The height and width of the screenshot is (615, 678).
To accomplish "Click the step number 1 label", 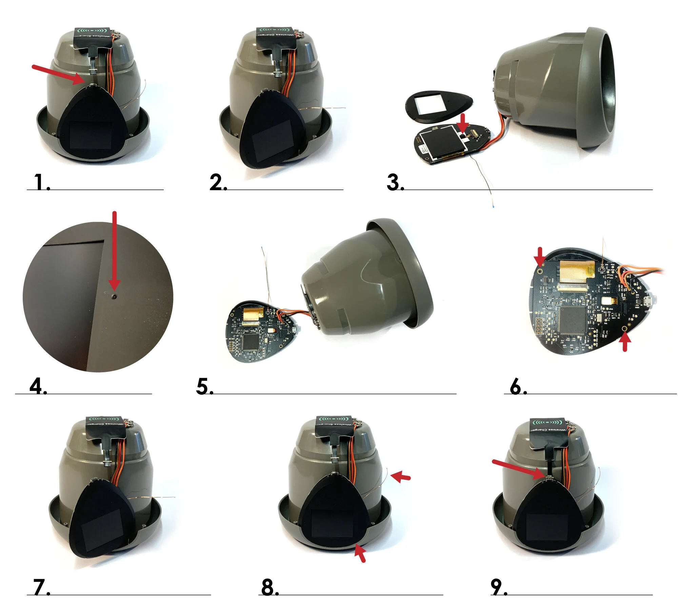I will point(42,182).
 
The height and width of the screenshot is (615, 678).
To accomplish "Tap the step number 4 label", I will point(38,386).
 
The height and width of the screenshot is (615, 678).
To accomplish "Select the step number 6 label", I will point(518,386).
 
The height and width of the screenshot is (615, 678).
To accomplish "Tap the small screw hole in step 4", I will point(115,297).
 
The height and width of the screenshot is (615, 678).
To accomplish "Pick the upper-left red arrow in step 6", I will point(540,256).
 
